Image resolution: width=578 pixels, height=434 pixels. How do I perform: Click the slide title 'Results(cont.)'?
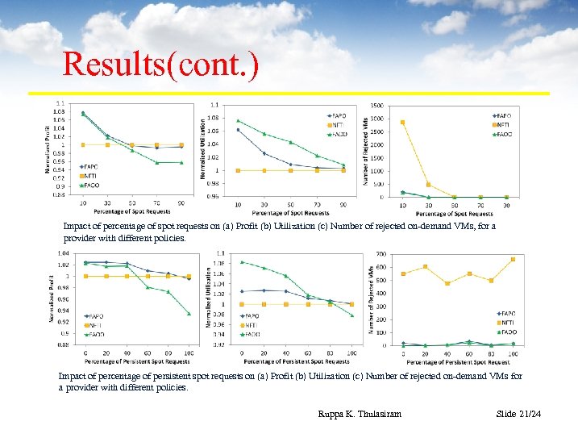161,65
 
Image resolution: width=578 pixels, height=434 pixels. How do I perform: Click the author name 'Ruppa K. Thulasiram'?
360,414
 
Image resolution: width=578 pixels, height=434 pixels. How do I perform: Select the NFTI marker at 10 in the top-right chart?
403,123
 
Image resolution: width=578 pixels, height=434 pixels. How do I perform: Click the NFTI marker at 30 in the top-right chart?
429,185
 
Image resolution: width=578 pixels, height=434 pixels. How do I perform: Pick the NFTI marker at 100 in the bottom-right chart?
513,259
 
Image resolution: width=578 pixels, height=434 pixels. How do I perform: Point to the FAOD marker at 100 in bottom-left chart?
189,314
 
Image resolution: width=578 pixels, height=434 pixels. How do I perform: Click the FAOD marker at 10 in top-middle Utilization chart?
238,120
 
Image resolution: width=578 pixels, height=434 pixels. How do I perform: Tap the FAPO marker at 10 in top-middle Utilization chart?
238,130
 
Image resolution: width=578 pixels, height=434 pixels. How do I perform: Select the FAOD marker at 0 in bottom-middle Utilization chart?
243,261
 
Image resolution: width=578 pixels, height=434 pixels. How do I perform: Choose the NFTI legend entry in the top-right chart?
501,125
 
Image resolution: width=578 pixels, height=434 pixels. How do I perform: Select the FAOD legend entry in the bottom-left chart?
94,333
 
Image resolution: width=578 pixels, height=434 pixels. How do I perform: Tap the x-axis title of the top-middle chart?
290,213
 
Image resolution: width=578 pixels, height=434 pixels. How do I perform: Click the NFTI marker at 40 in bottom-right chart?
447,283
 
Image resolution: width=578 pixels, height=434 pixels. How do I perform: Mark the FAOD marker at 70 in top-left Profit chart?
157,163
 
